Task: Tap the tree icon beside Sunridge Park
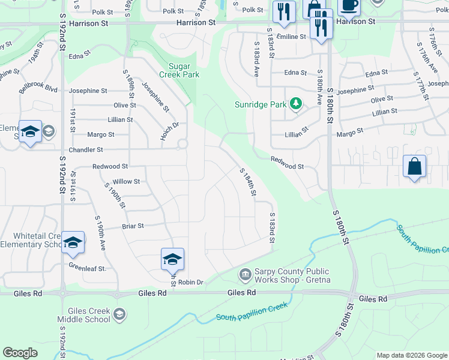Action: (295, 104)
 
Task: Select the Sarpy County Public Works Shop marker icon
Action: (245, 275)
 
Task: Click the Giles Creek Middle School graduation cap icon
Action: (120, 314)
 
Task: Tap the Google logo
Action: (20, 353)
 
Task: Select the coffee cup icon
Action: (349, 5)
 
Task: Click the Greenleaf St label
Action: (86, 267)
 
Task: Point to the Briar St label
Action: (133, 226)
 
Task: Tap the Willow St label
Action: (126, 181)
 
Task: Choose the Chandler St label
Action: (87, 149)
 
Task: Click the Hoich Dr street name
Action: (170, 131)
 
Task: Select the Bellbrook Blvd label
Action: (38, 89)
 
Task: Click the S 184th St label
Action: (248, 182)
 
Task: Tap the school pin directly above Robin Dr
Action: (172, 259)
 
